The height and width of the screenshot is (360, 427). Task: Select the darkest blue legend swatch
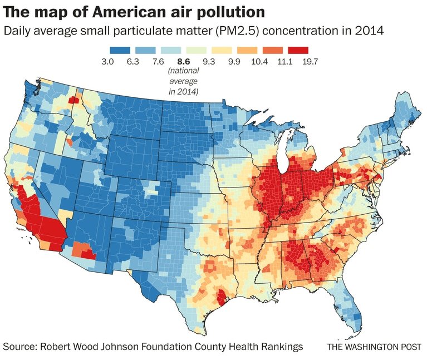tap(120, 50)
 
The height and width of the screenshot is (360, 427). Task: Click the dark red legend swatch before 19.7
tap(300, 50)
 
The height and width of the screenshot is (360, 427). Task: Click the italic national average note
tap(184, 81)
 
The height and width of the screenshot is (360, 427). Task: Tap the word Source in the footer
tap(21, 347)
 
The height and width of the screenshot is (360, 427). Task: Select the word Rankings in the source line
tap(281, 347)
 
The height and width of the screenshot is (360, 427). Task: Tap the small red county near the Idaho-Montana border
tap(73, 100)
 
